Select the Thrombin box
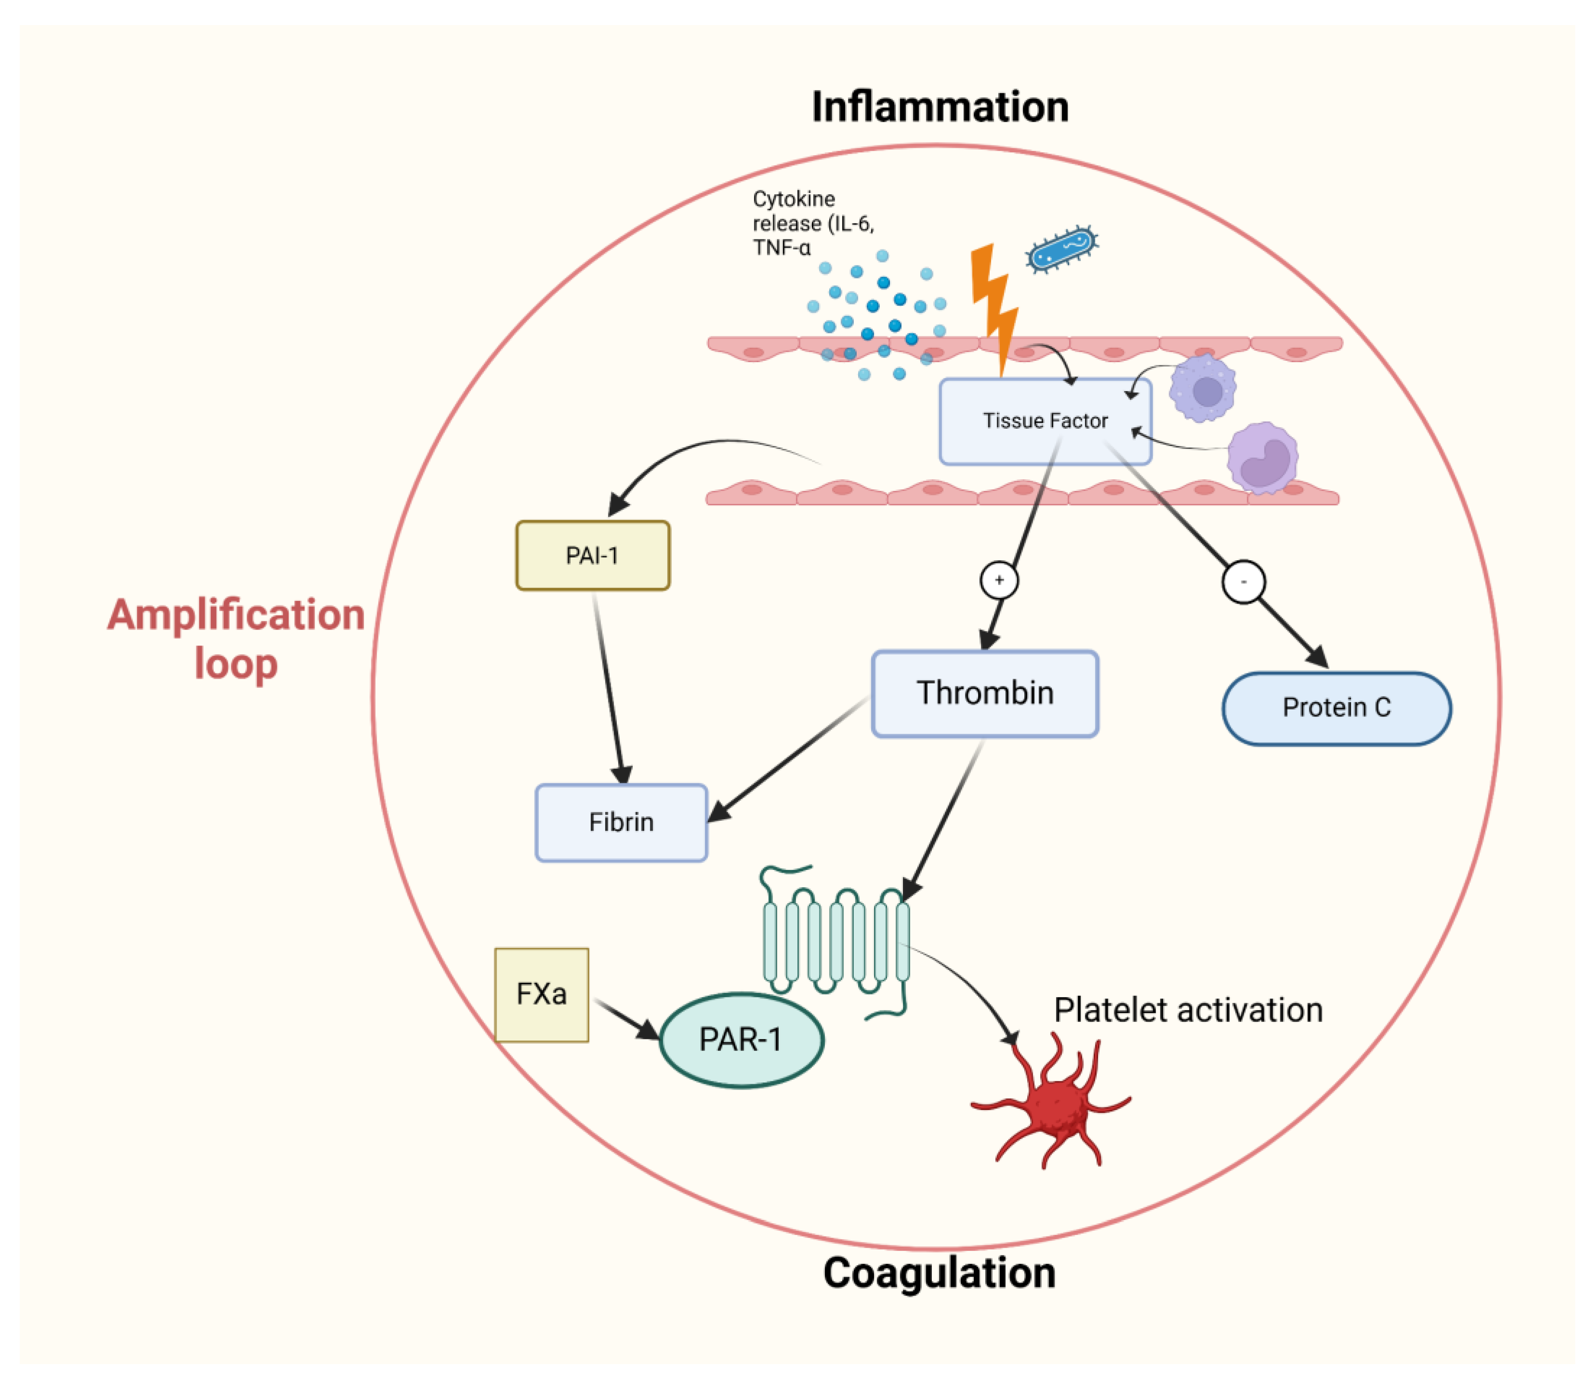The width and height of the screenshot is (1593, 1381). point(984,693)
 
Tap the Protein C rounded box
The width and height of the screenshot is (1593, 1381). point(1336,708)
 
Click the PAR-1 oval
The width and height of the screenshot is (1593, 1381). point(741,1039)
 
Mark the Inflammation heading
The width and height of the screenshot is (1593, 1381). point(940,106)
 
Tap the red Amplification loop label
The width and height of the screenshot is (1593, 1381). point(235,638)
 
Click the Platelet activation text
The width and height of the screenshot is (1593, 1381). point(1188,1010)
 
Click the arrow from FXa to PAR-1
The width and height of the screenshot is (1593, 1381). point(626,1018)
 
